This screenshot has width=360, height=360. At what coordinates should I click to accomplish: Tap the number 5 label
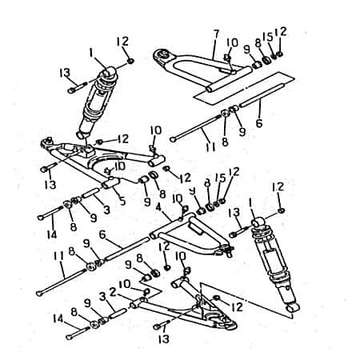(x=122, y=201)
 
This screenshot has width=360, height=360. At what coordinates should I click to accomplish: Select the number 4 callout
(x=159, y=206)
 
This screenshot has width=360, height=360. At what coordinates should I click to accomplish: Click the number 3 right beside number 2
(x=102, y=295)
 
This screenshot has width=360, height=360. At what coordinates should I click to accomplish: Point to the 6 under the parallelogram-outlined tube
(x=258, y=124)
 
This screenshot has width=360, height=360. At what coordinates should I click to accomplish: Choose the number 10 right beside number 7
(x=233, y=42)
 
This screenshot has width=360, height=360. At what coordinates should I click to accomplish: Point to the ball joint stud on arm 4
(x=230, y=254)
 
